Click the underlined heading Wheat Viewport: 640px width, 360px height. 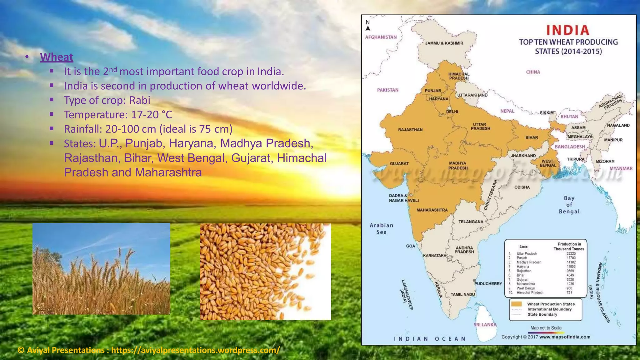pos(57,57)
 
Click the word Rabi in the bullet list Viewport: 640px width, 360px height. pos(140,100)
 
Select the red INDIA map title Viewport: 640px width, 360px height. pos(568,30)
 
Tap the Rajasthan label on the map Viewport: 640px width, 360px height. pos(410,130)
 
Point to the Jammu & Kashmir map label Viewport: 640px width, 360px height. pos(444,43)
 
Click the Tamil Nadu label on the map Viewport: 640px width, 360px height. pos(462,294)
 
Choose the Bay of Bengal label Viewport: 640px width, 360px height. pos(569,205)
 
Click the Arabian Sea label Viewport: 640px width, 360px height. pos(381,228)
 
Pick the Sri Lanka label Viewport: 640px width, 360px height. pos(485,325)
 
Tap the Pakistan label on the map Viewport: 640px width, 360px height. pos(388,90)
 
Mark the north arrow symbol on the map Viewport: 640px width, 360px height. pos(368,28)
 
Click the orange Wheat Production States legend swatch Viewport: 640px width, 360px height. pos(516,304)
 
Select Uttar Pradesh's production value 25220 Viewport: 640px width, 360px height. pos(571,254)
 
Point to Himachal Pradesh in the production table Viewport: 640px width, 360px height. pos(530,293)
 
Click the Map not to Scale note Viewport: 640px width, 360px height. pos(546,328)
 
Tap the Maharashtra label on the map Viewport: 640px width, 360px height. pos(432,210)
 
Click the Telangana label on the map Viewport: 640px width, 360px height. pos(471,222)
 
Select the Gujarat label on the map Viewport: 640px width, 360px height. pos(399,163)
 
